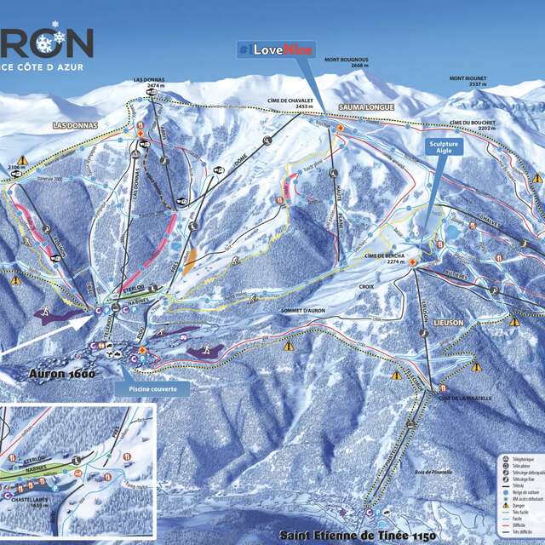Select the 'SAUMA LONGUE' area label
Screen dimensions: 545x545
[364, 107]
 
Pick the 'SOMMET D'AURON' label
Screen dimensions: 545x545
[304, 313]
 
